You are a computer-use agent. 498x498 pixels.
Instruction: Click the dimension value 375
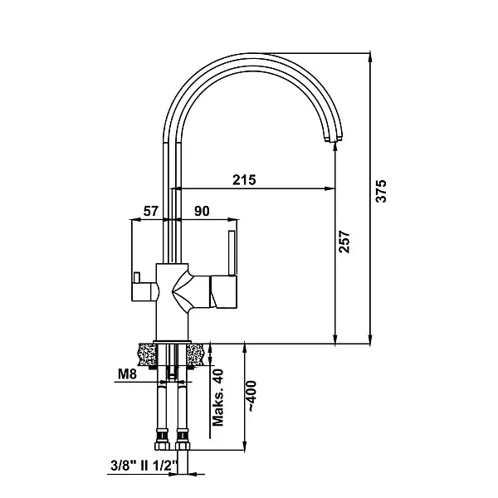pyautogui.click(x=381, y=191)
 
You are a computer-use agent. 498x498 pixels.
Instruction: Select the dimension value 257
pyautogui.click(x=344, y=242)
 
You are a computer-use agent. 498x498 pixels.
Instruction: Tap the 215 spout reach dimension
pyautogui.click(x=244, y=180)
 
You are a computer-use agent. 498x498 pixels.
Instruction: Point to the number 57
pyautogui.click(x=150, y=211)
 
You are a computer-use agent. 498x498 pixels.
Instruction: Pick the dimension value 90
pyautogui.click(x=202, y=211)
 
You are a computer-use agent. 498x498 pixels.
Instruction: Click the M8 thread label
pyautogui.click(x=127, y=374)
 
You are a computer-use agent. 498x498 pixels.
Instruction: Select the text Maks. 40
pyautogui.click(x=217, y=398)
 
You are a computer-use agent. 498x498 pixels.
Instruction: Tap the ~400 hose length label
pyautogui.click(x=251, y=397)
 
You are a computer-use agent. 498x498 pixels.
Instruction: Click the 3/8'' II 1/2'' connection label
pyautogui.click(x=144, y=466)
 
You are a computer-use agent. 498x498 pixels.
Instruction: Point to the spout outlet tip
pyautogui.click(x=334, y=139)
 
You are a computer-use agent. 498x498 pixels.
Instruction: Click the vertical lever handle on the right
pyautogui.click(x=232, y=253)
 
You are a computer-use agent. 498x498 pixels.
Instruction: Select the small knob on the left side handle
pyautogui.click(x=137, y=277)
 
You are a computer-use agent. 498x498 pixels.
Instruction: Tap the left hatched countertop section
pyautogui.click(x=148, y=354)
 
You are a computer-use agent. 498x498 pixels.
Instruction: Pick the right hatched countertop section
pyautogui.click(x=195, y=354)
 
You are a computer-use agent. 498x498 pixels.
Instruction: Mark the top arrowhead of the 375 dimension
pyautogui.click(x=369, y=57)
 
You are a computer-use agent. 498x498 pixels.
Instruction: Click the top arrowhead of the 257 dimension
pyautogui.click(x=334, y=148)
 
